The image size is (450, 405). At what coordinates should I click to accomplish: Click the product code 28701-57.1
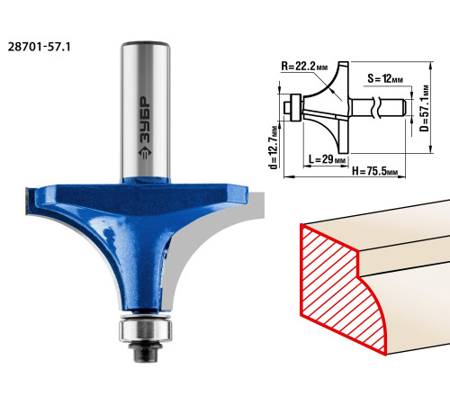click(39, 47)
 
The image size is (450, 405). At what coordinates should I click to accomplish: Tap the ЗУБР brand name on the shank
click(145, 119)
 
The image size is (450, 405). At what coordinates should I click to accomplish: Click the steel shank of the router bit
click(146, 110)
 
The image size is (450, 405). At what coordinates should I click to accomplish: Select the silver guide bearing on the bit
click(146, 330)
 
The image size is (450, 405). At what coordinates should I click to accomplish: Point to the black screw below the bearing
click(146, 352)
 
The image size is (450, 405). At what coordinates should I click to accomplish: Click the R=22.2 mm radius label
click(304, 66)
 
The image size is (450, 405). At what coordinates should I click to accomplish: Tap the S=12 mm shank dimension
click(385, 79)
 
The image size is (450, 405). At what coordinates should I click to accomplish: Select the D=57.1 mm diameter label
click(424, 108)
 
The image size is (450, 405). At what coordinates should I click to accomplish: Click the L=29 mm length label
click(327, 158)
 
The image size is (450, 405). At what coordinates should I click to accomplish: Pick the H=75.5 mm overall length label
click(374, 171)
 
